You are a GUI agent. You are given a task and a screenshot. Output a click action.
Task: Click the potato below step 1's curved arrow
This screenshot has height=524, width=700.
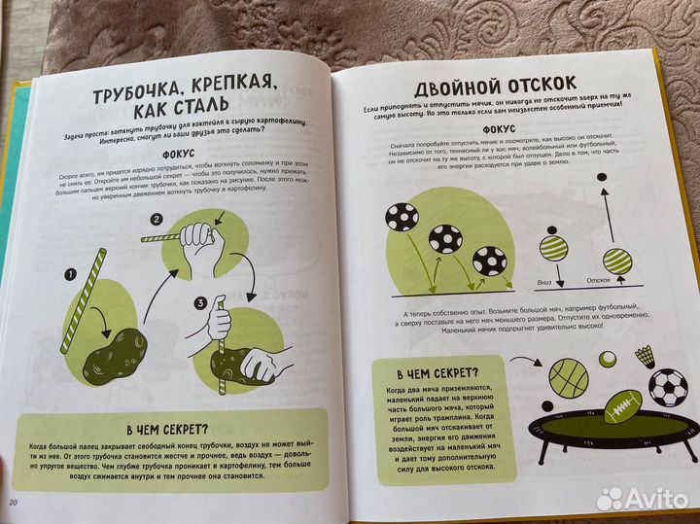pos(113,352)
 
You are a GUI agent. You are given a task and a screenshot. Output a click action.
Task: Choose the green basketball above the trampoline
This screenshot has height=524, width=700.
pos(566,376)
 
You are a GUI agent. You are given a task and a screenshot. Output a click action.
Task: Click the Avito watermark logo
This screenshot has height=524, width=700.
pos(641,499)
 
